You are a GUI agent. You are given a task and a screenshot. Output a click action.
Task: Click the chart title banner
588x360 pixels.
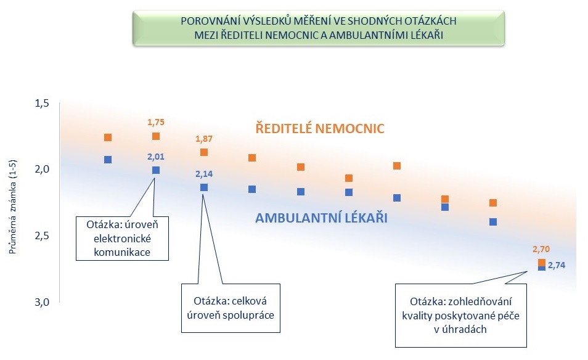(319, 28)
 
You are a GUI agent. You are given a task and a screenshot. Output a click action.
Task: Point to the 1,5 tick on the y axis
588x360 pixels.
(42, 103)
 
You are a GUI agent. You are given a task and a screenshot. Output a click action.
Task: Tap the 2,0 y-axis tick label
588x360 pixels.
(42, 169)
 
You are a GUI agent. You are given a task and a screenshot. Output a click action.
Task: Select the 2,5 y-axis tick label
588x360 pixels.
(42, 235)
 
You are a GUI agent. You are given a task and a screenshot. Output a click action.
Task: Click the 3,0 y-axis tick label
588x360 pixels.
(42, 302)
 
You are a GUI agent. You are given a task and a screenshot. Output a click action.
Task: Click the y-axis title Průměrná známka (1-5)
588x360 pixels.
(13, 207)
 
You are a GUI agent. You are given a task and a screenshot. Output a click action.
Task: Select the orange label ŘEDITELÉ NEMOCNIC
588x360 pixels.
(320, 128)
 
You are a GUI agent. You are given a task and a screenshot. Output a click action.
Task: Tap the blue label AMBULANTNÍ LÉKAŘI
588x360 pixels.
(321, 218)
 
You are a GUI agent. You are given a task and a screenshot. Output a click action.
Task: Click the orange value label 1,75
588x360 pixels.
(155, 122)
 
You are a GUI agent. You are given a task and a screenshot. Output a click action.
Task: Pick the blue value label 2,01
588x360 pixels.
(155, 157)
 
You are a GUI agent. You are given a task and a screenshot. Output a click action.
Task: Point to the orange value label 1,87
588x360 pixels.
(204, 139)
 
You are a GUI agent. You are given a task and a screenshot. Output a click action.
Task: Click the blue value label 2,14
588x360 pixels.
(204, 174)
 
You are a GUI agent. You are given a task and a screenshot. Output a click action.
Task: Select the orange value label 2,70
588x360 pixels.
(541, 249)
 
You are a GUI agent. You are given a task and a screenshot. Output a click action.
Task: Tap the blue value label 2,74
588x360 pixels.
(557, 265)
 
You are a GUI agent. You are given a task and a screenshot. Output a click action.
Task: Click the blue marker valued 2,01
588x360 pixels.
(155, 170)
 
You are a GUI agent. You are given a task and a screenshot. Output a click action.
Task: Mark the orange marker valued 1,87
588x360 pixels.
(204, 152)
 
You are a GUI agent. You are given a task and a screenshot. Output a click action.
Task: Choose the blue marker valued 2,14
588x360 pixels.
(204, 187)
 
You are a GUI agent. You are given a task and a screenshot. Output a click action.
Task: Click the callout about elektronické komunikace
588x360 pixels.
(122, 238)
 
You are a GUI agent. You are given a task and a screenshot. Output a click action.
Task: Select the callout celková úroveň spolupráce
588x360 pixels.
(231, 308)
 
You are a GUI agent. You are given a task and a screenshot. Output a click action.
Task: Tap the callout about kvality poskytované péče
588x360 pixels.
(461, 316)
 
